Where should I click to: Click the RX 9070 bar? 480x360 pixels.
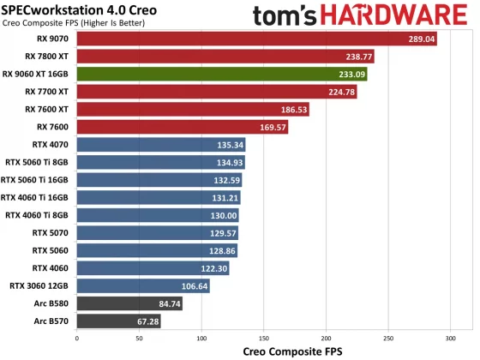(256, 39)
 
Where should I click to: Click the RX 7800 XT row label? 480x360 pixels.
(48, 57)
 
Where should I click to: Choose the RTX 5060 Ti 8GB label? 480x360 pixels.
(40, 162)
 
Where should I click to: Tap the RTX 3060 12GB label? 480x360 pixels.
(40, 285)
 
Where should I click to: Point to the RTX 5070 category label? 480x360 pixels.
(51, 232)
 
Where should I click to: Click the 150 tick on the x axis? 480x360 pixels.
(263, 338)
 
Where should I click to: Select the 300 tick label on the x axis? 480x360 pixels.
(450, 338)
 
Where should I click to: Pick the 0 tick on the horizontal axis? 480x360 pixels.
(77, 338)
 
